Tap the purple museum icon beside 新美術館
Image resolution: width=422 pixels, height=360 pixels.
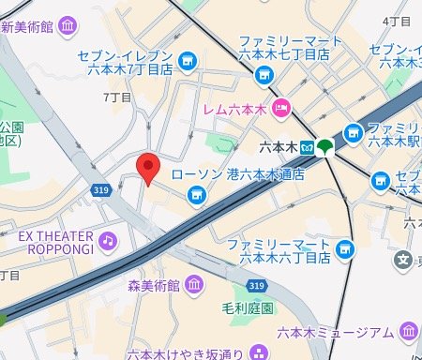68,26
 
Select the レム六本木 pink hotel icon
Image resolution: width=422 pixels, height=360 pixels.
282,109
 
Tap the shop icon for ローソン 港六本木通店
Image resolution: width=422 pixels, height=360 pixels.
197,194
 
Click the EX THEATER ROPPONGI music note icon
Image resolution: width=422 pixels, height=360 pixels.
110,241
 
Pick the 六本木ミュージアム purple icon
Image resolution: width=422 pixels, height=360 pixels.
408,331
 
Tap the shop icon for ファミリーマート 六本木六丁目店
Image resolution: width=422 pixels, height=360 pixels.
345,249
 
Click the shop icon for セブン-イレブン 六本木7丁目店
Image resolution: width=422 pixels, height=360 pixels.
188,60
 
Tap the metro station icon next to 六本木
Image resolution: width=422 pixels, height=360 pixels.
303,146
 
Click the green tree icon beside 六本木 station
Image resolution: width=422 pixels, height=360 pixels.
324,146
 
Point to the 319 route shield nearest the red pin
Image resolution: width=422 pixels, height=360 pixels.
100,190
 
